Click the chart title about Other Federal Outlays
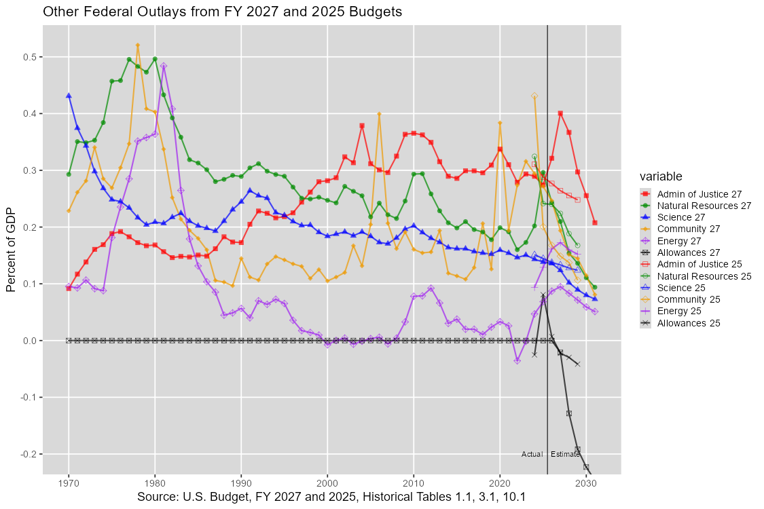point(221,12)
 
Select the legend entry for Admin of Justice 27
point(690,193)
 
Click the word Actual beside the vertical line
point(532,454)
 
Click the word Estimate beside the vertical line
point(565,454)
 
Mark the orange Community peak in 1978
point(138,45)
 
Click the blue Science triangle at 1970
point(69,96)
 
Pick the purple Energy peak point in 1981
point(164,66)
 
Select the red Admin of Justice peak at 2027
point(560,113)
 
